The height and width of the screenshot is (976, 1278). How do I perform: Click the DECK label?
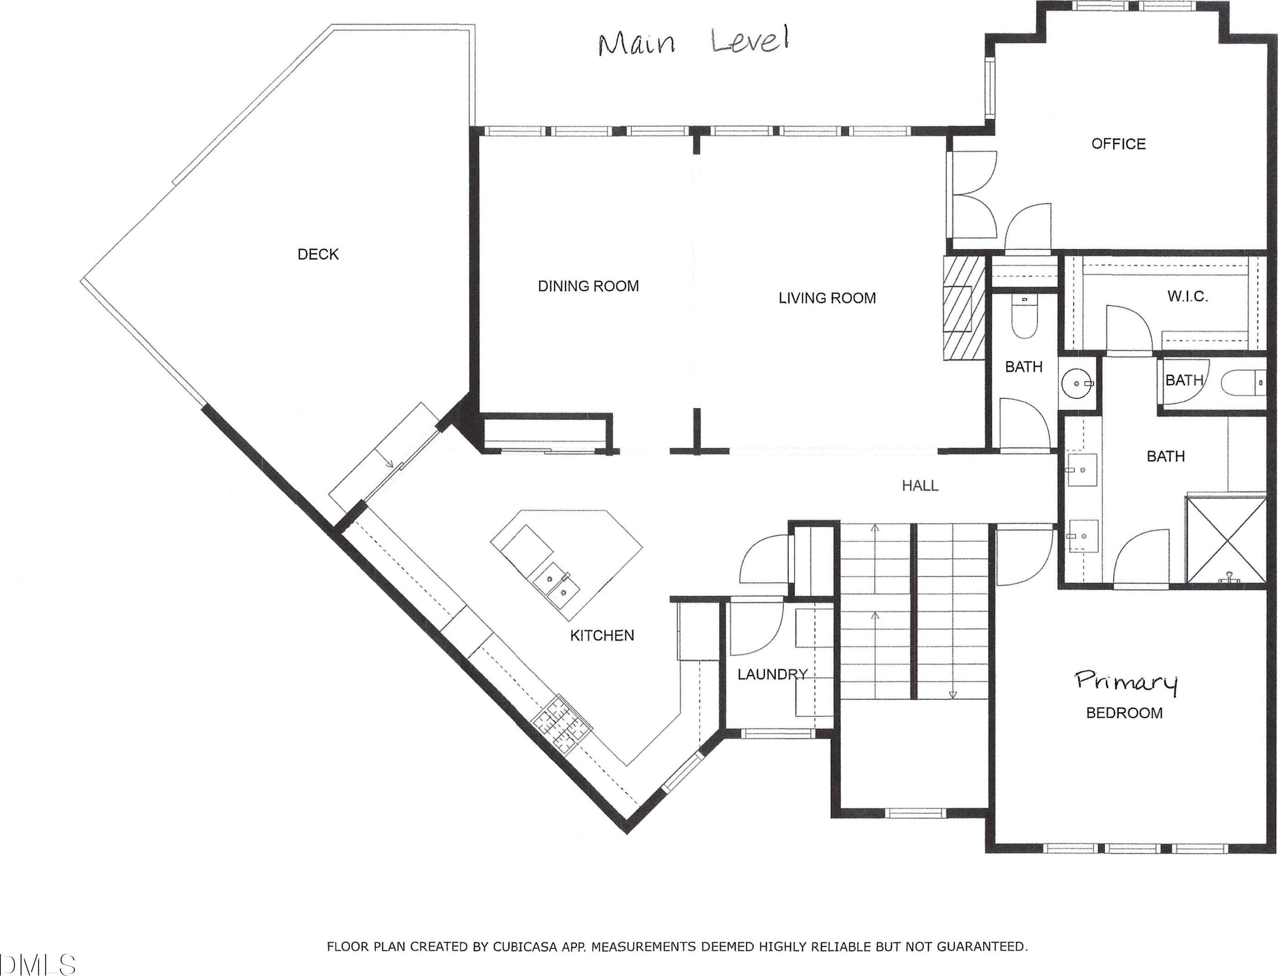pyautogui.click(x=318, y=254)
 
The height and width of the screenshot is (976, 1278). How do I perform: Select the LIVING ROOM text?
pyautogui.click(x=827, y=298)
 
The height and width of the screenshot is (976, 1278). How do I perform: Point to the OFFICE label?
pyautogui.click(x=1118, y=144)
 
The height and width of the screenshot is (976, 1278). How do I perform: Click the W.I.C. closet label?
pyautogui.click(x=1188, y=297)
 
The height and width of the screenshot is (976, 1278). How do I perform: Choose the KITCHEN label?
pyautogui.click(x=602, y=635)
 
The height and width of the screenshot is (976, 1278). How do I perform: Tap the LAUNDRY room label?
pyautogui.click(x=773, y=674)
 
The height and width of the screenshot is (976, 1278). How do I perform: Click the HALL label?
pyautogui.click(x=920, y=486)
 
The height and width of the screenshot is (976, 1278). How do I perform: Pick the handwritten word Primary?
pyautogui.click(x=1126, y=682)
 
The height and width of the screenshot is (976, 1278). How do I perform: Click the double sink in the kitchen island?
pyautogui.click(x=552, y=583)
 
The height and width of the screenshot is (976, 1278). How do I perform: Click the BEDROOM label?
pyautogui.click(x=1124, y=713)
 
